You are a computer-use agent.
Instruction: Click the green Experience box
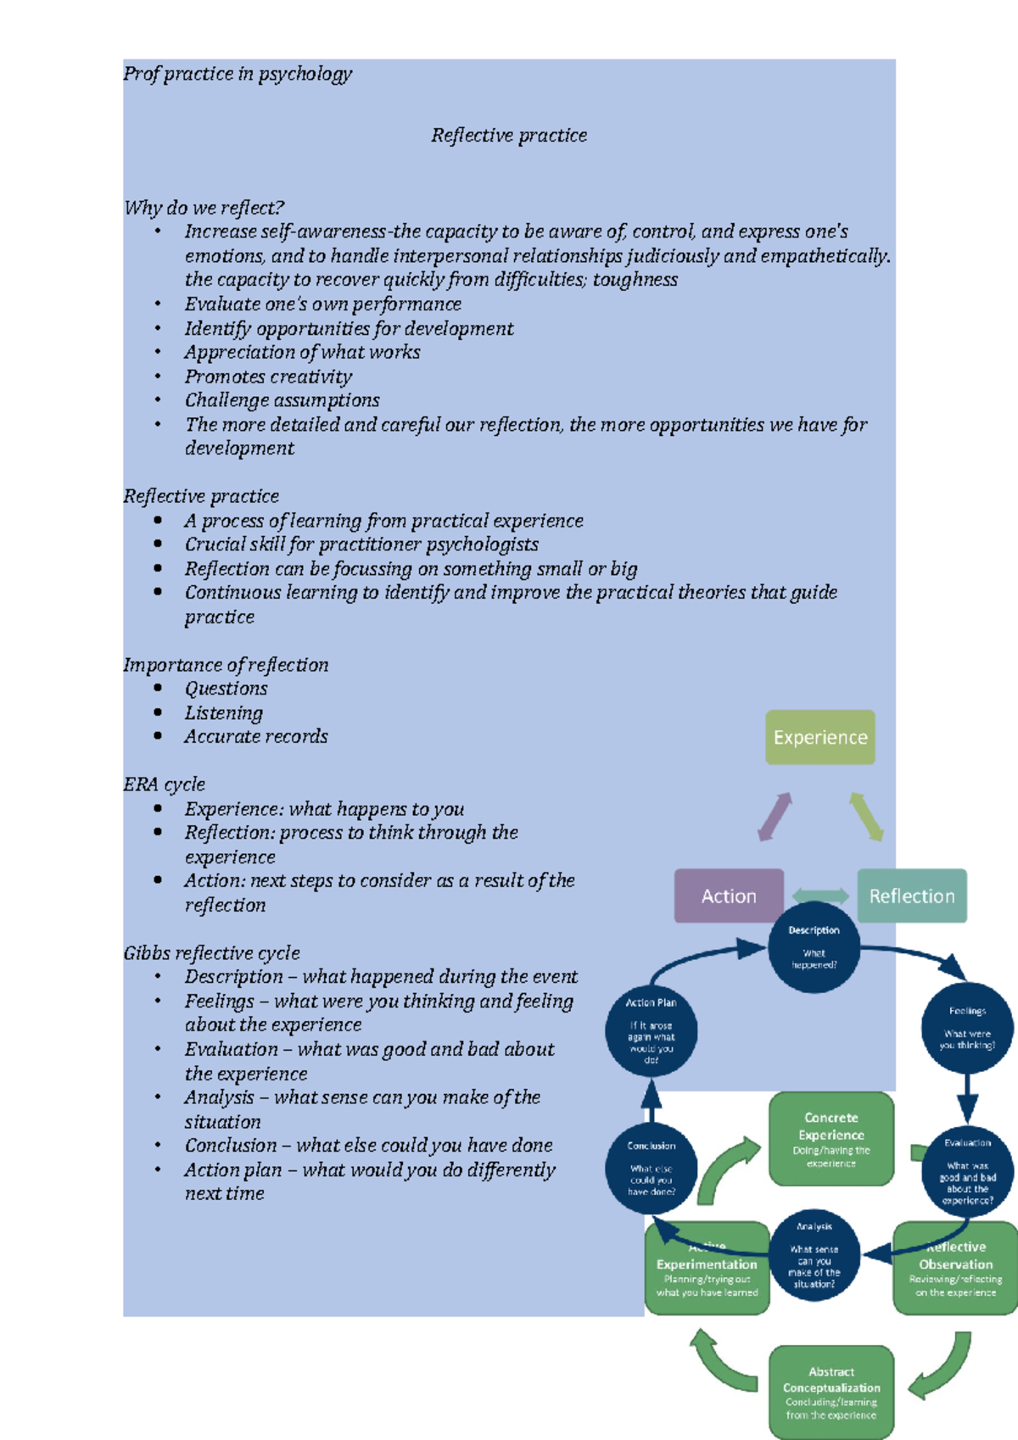pos(819,737)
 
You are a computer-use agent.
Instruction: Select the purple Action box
pos(728,896)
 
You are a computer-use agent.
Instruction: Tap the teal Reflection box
pos(912,896)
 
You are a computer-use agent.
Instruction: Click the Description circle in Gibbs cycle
pos(814,948)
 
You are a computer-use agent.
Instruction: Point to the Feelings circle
pos(967,1028)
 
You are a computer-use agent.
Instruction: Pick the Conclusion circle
pos(651,1169)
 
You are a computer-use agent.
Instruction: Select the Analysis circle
pos(814,1255)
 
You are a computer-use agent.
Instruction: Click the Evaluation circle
pos(967,1170)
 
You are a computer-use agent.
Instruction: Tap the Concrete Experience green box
pos(831,1138)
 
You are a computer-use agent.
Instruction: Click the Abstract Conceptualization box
pos(831,1392)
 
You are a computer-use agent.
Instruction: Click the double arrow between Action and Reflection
pos(819,896)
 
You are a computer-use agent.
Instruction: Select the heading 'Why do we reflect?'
pos(204,208)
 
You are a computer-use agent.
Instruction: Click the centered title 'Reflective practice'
pos(509,136)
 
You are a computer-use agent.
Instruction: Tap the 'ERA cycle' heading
pos(165,784)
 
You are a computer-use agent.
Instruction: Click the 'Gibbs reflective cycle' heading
pos(212,952)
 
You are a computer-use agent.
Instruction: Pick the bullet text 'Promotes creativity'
pos(268,377)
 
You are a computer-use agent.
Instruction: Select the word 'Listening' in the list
pos(224,713)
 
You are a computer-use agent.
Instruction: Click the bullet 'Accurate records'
pos(256,737)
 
